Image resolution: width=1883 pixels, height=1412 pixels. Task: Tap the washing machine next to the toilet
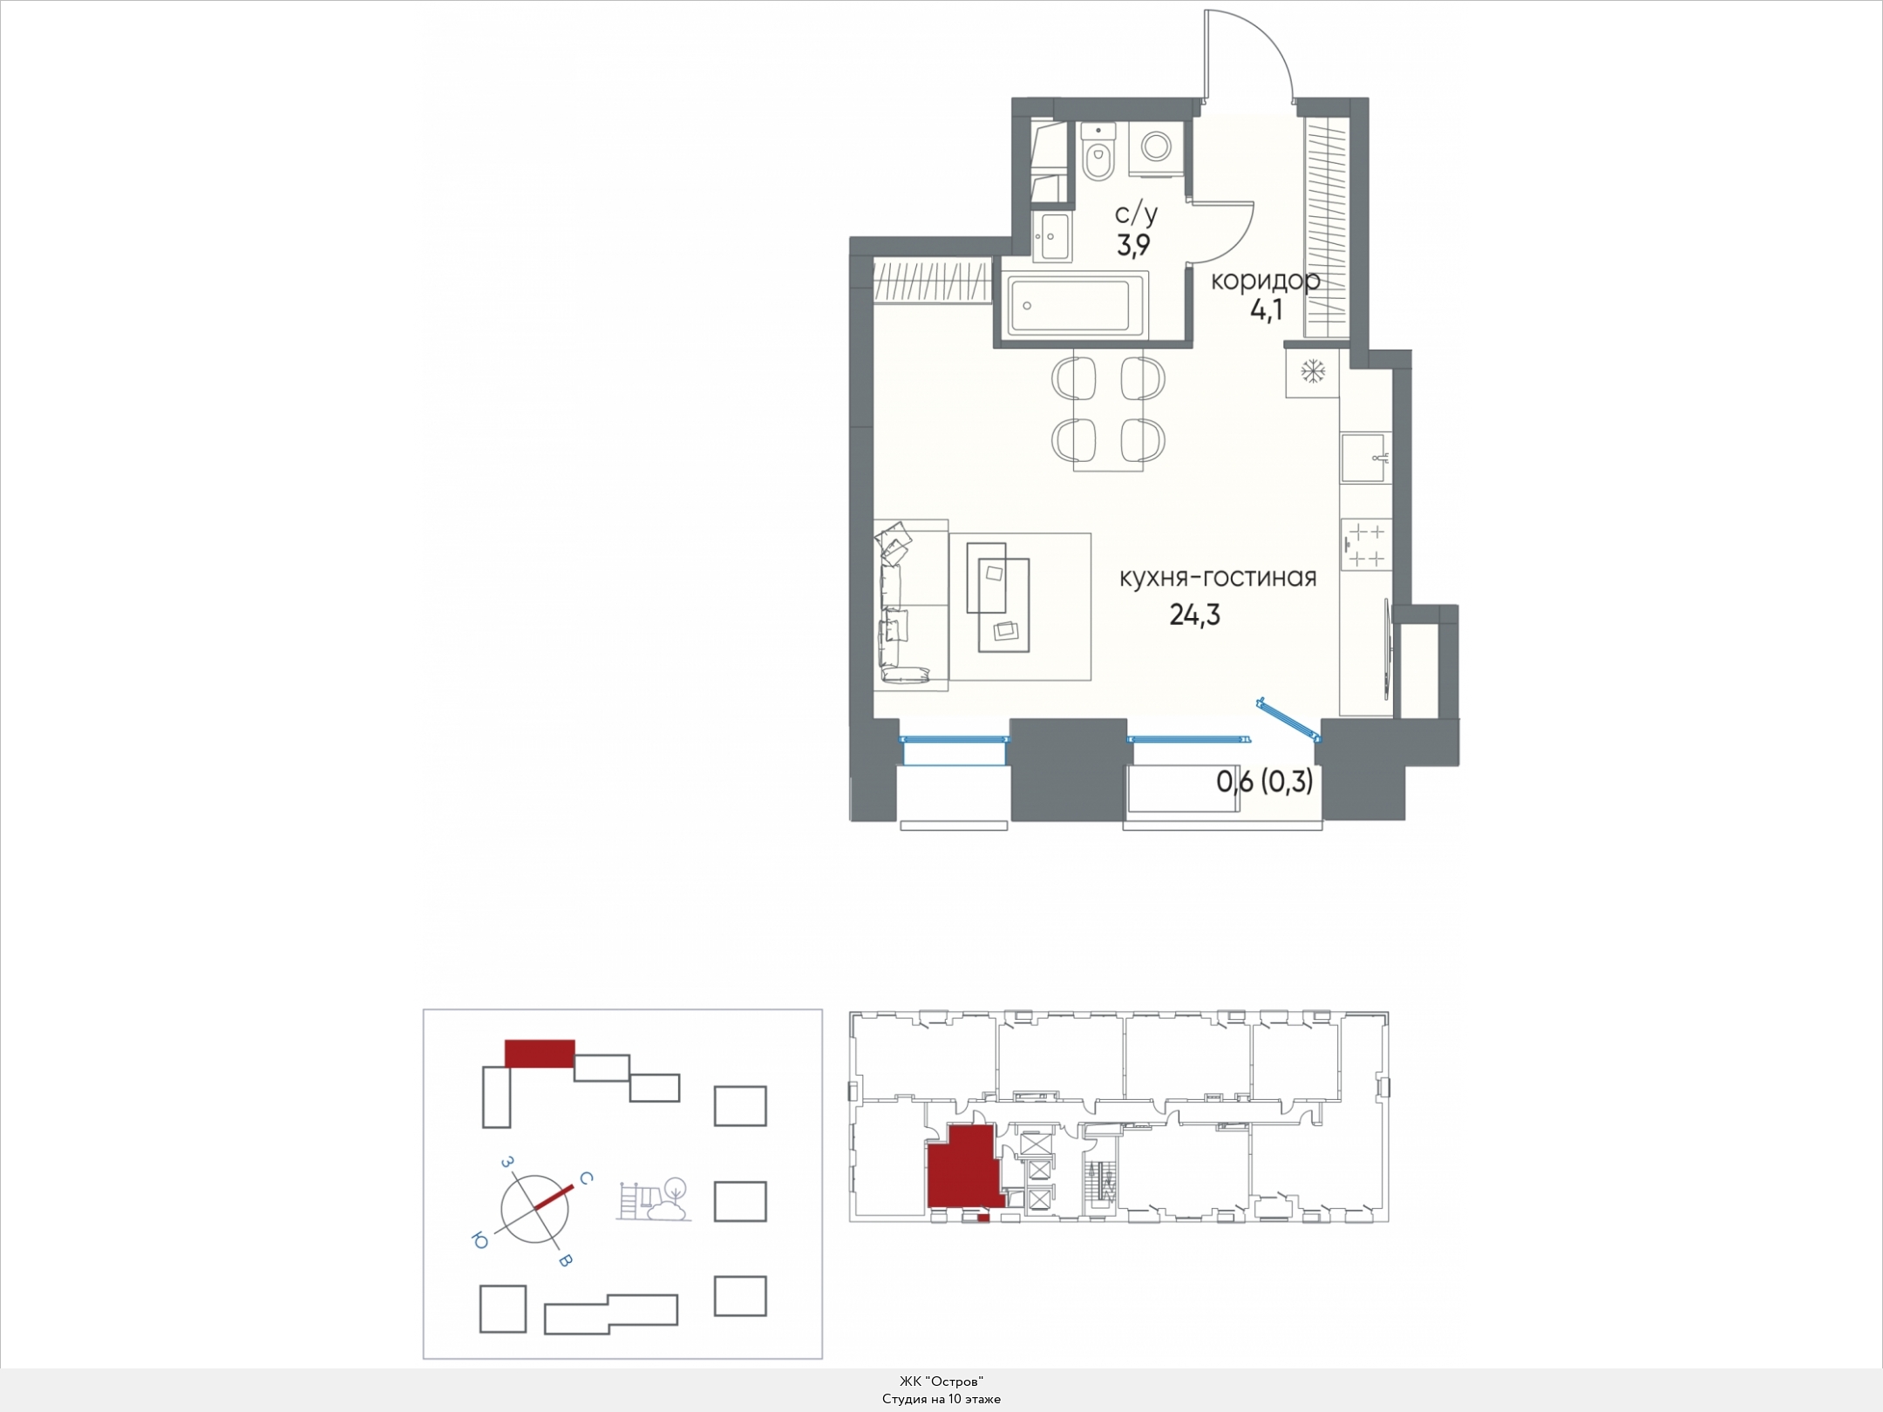(1157, 147)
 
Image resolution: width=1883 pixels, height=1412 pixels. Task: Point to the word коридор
(1266, 281)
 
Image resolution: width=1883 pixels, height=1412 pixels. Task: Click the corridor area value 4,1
(1266, 310)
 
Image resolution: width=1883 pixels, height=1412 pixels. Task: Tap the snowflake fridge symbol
(1313, 372)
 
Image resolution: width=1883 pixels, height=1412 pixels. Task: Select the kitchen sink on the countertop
(1366, 458)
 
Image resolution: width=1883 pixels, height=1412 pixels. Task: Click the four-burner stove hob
(1366, 545)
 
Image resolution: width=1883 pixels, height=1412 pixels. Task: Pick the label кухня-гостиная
(1218, 577)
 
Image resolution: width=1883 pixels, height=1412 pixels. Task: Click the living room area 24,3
(1194, 615)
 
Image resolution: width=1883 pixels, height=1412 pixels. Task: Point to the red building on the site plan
(540, 1053)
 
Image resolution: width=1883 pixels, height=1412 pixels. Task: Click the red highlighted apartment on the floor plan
(962, 1167)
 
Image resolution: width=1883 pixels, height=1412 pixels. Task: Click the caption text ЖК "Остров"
(941, 1381)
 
